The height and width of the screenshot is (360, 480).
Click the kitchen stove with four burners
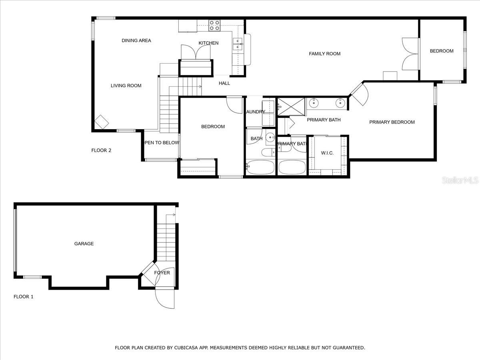[214, 25]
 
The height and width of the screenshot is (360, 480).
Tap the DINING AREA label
[136, 40]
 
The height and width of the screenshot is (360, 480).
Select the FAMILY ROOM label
[324, 54]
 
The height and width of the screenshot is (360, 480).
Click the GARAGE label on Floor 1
[84, 244]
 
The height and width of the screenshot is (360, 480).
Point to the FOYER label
[162, 273]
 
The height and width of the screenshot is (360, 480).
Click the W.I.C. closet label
[327, 153]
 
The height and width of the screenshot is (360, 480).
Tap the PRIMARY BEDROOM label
[392, 122]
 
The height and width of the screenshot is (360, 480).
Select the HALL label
[224, 83]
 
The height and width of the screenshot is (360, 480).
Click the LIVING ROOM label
[126, 86]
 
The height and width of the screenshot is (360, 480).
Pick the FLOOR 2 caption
[101, 150]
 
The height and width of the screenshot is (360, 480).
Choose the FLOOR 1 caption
[24, 297]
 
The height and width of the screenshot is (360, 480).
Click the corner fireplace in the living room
[101, 122]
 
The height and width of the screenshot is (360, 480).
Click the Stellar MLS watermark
[460, 181]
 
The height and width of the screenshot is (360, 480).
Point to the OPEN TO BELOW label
[162, 143]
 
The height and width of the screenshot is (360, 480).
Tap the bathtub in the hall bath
[260, 167]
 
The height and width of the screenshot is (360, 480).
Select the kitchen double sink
[237, 44]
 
